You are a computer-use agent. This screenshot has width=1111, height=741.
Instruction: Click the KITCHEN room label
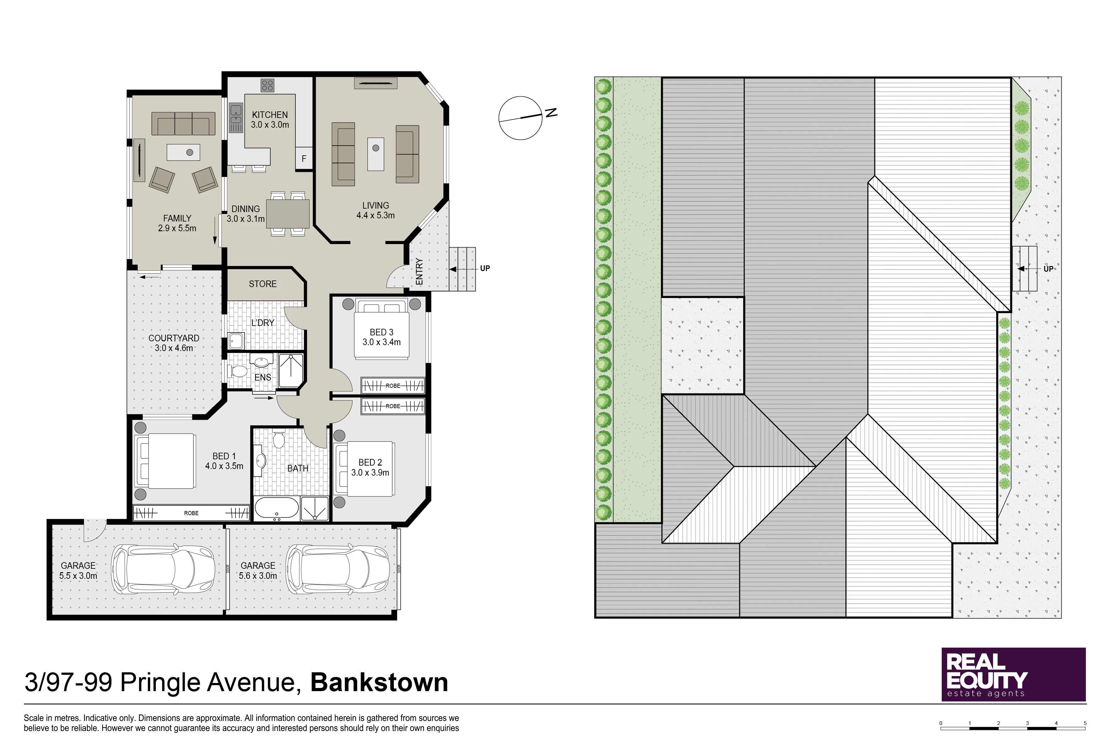point(270,115)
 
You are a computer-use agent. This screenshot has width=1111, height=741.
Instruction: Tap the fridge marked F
point(304,158)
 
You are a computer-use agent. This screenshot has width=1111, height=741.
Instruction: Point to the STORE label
point(263,284)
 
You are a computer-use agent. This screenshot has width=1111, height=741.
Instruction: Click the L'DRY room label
point(263,323)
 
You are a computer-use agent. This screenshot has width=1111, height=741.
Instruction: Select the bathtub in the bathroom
point(277,509)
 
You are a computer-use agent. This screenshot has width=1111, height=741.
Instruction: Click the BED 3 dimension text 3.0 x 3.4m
point(382,342)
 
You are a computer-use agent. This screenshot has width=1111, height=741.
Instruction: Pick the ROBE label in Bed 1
point(191,513)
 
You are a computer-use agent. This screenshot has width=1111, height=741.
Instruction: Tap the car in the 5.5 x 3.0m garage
point(163,569)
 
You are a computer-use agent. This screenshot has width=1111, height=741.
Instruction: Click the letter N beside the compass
point(551,113)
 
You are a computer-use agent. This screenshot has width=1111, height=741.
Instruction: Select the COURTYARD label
point(174,339)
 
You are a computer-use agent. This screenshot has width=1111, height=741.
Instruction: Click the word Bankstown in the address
point(379,683)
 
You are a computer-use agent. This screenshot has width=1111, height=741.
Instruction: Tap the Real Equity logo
point(1014,674)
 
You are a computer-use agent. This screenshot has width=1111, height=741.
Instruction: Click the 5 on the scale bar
point(1085,723)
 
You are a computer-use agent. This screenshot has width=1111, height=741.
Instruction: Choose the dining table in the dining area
point(288,214)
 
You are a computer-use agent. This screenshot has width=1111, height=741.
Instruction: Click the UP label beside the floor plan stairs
point(485,269)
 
